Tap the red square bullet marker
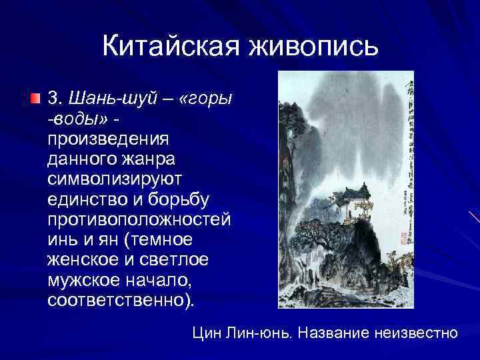tap(35, 99)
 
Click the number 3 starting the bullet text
tap(53, 99)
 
